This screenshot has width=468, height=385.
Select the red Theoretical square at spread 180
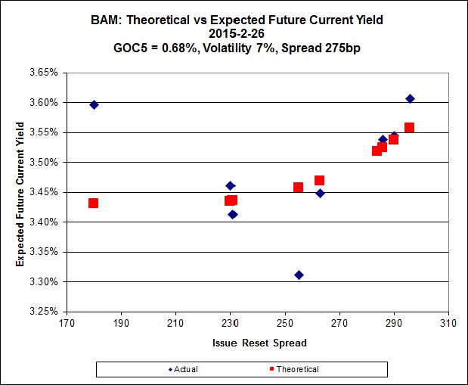(93, 203)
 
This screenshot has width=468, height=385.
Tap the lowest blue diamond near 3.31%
(299, 275)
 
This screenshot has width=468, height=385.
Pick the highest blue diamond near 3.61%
(410, 98)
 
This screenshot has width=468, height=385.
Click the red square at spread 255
(298, 187)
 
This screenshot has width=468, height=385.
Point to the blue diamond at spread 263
(320, 193)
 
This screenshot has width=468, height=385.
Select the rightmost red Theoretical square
(409, 127)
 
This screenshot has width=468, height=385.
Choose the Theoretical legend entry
(294, 369)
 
